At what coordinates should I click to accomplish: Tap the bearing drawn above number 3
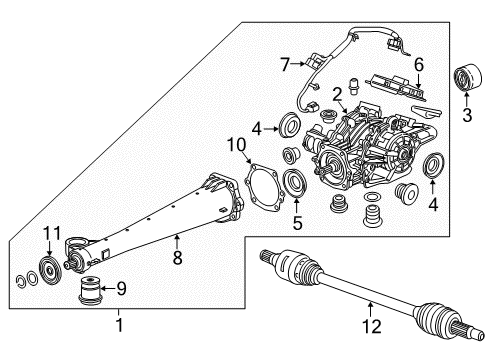pyautogui.click(x=468, y=78)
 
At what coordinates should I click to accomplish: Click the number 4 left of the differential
pyautogui.click(x=257, y=128)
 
